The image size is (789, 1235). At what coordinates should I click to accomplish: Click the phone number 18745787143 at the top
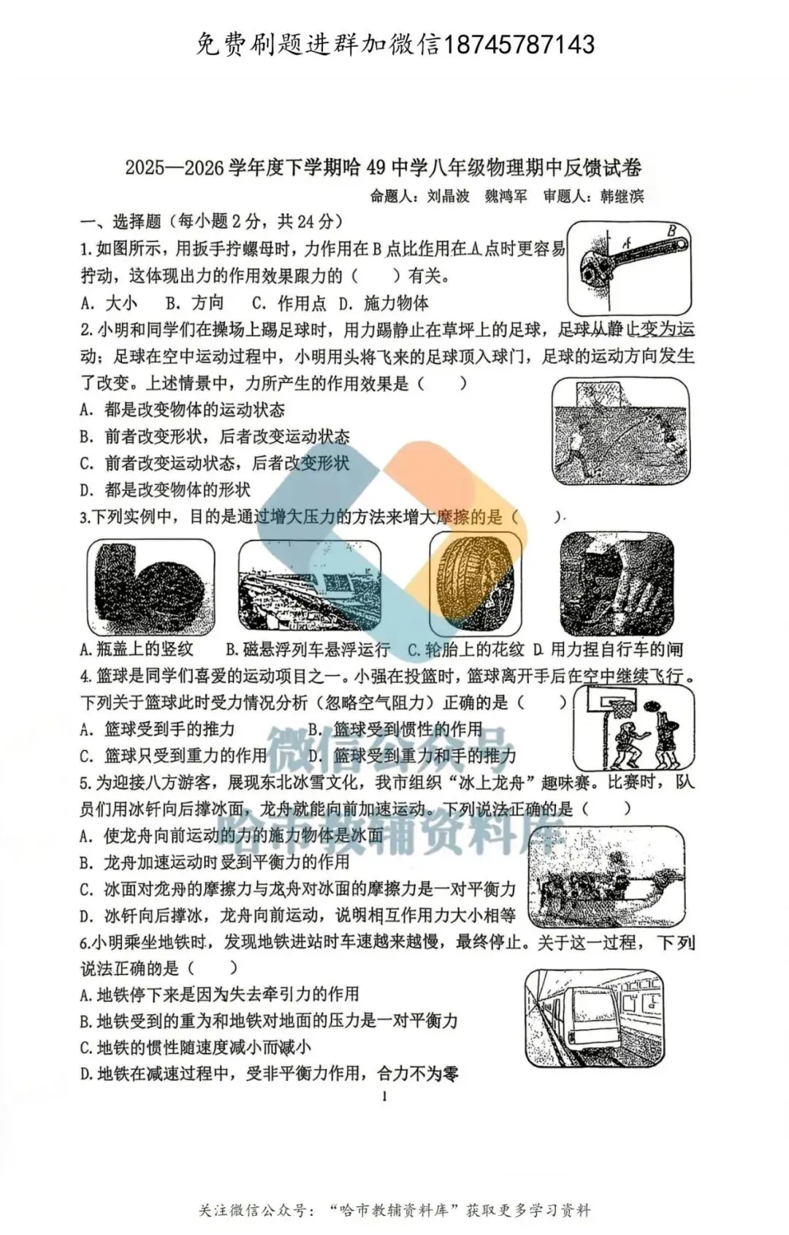[x=519, y=45]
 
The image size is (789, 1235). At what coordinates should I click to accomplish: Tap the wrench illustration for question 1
[x=630, y=267]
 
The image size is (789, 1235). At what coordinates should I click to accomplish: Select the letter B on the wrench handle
[x=671, y=231]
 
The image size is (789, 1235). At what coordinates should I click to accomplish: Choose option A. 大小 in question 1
[x=108, y=303]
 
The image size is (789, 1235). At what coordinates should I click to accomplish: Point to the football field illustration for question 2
[x=620, y=432]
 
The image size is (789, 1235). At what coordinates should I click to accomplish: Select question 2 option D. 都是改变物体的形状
[x=165, y=490]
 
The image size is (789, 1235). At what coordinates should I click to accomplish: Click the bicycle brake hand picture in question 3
[x=617, y=584]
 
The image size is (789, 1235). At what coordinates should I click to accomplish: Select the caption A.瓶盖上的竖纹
[x=137, y=649]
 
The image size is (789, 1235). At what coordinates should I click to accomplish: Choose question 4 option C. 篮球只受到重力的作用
[x=173, y=756]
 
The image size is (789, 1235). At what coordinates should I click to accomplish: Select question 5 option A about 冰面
[x=232, y=835]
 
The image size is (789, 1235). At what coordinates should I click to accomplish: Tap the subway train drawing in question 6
[x=594, y=1018]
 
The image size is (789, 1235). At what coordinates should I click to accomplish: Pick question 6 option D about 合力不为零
[x=269, y=1073]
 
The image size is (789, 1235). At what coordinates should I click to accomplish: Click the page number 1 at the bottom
[x=384, y=1095]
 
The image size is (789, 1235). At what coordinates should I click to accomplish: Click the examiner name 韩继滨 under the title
[x=622, y=196]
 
